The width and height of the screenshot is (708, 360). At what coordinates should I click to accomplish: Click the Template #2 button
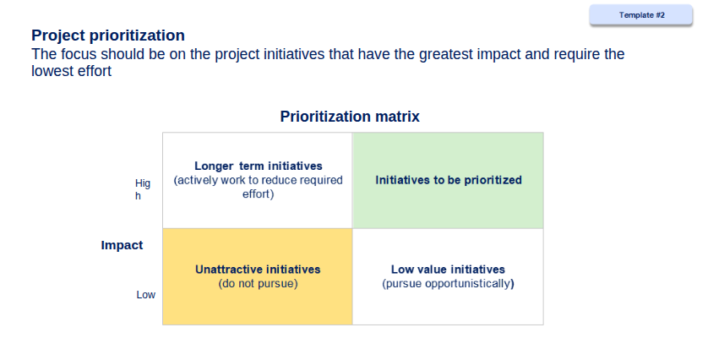640,15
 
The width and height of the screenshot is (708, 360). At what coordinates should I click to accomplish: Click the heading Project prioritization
108,35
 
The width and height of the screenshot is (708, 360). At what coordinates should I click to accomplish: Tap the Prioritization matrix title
350,117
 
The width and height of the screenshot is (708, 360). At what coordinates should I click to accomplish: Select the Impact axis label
122,245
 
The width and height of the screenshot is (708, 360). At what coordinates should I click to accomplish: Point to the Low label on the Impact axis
146,294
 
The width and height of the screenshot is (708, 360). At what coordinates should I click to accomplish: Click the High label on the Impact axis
142,189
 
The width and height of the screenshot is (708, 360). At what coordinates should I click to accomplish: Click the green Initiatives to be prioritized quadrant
448,180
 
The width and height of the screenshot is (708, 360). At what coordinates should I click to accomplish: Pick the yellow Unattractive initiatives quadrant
258,276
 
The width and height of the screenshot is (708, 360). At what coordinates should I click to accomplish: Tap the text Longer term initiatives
259,166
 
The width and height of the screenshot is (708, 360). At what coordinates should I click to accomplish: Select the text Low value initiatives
448,270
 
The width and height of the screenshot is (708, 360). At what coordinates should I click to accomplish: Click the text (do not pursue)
258,284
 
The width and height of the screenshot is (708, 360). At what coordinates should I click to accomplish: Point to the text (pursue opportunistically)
448,284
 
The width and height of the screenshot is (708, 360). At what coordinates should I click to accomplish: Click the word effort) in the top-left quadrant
259,194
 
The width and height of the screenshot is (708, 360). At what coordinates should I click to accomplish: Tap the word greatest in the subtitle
446,54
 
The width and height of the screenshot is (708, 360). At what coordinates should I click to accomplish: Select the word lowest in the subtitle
52,71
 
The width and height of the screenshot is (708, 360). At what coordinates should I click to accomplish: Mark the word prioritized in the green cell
493,180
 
